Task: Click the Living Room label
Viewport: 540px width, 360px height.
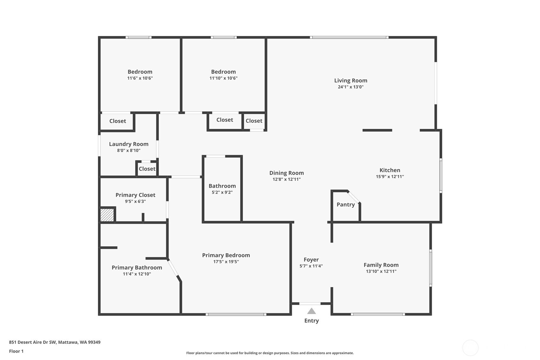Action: point(351,81)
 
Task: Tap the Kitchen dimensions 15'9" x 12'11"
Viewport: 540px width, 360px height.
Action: point(390,177)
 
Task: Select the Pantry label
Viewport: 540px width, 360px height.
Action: point(346,205)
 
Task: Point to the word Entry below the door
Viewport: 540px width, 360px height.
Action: point(312,321)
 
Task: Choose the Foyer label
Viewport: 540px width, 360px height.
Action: point(311,260)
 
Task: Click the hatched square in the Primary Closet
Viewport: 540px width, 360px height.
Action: point(107,215)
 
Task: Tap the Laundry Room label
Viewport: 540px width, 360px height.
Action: point(129,144)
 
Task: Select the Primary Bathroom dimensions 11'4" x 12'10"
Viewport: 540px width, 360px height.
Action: point(137,274)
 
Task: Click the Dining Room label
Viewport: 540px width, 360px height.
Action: point(286,173)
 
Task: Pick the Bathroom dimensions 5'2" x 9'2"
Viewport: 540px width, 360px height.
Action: point(222,193)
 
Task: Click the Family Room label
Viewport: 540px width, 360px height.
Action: point(381,265)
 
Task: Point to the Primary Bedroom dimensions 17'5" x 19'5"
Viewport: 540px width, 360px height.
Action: point(226,262)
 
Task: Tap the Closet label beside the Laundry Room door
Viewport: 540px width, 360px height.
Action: point(147,169)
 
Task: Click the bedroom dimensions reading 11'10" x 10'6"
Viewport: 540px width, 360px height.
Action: point(223,78)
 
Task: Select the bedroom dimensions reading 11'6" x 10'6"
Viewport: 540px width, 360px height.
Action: point(140,78)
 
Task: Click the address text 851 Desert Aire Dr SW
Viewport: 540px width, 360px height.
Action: point(32,342)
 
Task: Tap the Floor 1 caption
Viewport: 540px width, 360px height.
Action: point(16,351)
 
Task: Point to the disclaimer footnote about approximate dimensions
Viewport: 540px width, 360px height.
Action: point(270,353)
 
